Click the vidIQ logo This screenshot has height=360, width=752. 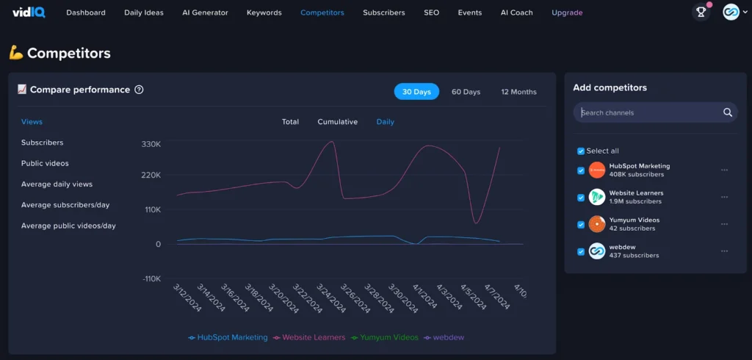pos(29,12)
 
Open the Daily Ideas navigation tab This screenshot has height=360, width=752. pos(144,12)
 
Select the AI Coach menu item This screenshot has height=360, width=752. pos(516,12)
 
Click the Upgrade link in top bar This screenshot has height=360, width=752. pos(567,12)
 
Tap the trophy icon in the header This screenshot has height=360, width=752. pos(701,12)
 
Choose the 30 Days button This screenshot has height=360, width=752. pos(416,92)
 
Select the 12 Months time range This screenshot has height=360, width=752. pos(518,92)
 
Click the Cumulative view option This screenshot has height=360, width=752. pos(337,122)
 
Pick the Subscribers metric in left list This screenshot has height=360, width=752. pos(42,143)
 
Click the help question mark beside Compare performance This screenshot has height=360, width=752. pos(139,90)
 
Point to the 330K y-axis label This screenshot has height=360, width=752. pos(151,144)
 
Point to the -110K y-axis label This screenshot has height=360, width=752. pos(151,278)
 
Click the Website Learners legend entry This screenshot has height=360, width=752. pos(308,337)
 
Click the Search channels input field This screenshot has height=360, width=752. pos(646,112)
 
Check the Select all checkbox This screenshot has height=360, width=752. pos(581,151)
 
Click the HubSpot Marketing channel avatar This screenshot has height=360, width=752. pos(597,170)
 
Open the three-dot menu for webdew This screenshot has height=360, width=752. pos(724,251)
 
